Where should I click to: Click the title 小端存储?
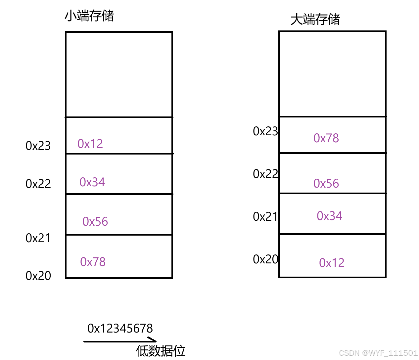pos(89,16)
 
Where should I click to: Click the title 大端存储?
pos(315,19)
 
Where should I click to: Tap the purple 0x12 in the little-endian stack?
pos(90,144)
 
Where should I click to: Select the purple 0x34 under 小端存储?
pos(92,182)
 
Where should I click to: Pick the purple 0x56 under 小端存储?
pos(95,221)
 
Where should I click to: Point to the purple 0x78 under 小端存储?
pos(93,262)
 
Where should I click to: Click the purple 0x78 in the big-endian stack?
pos(326,138)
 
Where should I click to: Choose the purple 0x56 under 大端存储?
pos(326,183)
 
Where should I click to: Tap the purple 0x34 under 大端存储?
pos(329,216)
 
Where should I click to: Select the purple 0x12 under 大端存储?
pos(332,263)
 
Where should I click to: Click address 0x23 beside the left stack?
pos(38,146)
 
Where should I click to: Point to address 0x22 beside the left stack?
pos(38,184)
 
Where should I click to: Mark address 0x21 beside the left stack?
pos(38,238)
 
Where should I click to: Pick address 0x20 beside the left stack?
pos(38,276)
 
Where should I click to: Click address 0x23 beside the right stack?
pos(265,131)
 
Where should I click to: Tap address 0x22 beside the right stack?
pos(265,174)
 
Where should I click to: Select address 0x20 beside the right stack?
pos(265,259)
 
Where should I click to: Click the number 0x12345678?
pos(120,328)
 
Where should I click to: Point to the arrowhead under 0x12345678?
pos(153,340)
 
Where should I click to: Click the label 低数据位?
pos(161,351)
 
